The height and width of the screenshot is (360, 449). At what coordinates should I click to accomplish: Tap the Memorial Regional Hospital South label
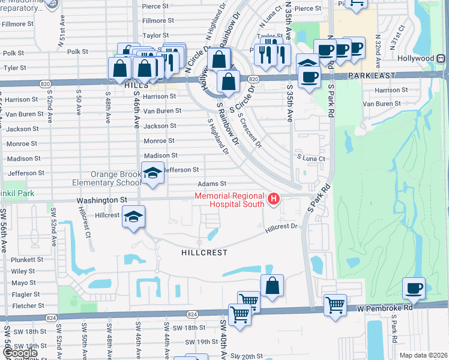229,200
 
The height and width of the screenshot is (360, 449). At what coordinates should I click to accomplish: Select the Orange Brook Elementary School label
108,178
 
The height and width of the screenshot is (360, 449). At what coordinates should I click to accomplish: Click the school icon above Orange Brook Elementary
152,173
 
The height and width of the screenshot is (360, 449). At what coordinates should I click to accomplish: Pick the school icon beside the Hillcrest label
133,217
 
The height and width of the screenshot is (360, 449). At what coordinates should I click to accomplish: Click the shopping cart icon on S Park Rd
335,304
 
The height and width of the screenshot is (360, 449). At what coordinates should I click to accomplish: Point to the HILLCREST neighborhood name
204,253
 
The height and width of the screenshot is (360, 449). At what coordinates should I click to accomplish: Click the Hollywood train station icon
441,59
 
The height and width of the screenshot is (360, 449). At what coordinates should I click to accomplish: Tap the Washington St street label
102,199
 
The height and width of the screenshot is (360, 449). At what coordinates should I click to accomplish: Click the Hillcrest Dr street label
282,227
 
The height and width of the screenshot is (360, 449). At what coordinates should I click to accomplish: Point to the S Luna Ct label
311,158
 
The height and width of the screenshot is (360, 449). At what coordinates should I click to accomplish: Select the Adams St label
214,184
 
